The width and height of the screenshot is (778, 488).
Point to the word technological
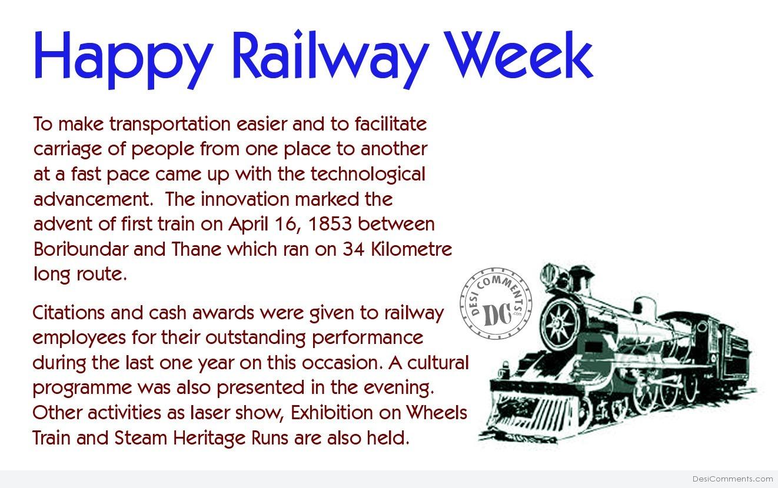tap(368, 175)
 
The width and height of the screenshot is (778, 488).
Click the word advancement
tap(94, 199)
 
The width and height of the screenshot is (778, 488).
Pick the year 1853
tap(330, 224)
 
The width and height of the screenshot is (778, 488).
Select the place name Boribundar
tap(81, 249)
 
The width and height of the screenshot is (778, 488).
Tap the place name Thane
tap(196, 249)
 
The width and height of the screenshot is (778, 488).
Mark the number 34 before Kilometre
tap(354, 249)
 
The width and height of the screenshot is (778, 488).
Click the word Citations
tap(68, 312)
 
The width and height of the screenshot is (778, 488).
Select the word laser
tap(210, 413)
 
